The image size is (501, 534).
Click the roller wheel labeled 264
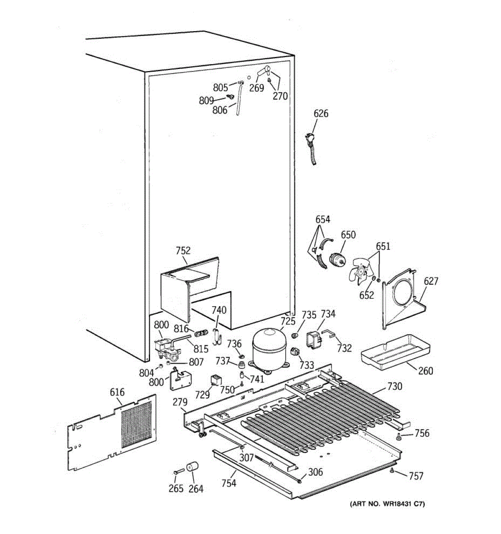(192, 468)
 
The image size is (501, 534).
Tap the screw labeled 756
(399, 438)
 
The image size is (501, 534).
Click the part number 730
(395, 386)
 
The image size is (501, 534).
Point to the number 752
(183, 251)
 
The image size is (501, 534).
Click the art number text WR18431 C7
(387, 504)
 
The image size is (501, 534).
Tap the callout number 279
(180, 403)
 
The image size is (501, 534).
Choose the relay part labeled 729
(216, 380)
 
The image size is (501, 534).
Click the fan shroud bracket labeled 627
(401, 298)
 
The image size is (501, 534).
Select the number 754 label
(229, 483)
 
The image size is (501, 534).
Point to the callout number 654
(323, 219)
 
